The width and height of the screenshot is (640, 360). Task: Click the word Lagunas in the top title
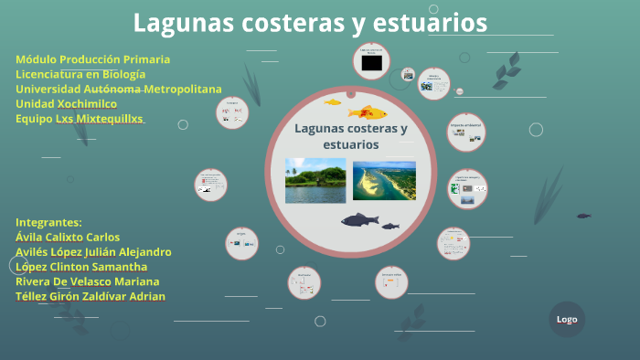pyautogui.click(x=179, y=22)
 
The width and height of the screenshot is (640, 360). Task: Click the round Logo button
pyautogui.click(x=567, y=319)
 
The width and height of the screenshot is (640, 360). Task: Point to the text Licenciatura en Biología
pyautogui.click(x=80, y=74)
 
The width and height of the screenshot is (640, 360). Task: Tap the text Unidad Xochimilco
pyautogui.click(x=66, y=104)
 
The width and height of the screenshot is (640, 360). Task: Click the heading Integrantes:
pyautogui.click(x=48, y=222)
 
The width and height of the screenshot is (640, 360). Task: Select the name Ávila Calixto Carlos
pyautogui.click(x=68, y=237)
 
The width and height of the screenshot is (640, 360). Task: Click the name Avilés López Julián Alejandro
pyautogui.click(x=93, y=251)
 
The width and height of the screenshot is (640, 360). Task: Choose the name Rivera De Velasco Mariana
pyautogui.click(x=87, y=281)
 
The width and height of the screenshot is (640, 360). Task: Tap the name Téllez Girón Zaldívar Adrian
pyautogui.click(x=91, y=296)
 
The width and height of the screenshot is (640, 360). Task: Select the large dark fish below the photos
pyautogui.click(x=359, y=220)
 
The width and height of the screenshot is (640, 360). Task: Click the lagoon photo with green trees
pyautogui.click(x=315, y=180)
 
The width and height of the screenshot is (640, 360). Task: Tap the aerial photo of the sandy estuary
pyautogui.click(x=384, y=180)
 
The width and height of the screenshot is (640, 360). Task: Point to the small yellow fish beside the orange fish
pyautogui.click(x=332, y=102)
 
